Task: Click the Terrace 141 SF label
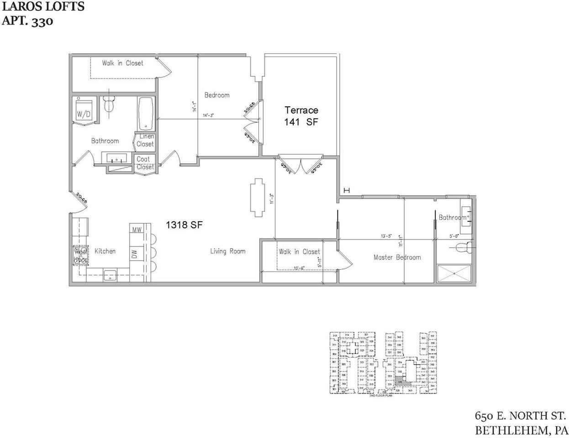point(301,116)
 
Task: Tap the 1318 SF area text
point(184,224)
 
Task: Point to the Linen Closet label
point(145,140)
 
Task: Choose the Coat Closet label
point(145,163)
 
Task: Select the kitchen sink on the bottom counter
point(110,275)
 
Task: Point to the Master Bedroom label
point(397,257)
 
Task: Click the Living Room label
point(227,251)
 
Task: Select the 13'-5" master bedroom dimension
point(386,236)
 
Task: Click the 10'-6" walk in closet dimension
point(299,268)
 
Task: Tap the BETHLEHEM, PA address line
point(521,430)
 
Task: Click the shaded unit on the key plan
point(400,380)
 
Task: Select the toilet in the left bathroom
point(109,105)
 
